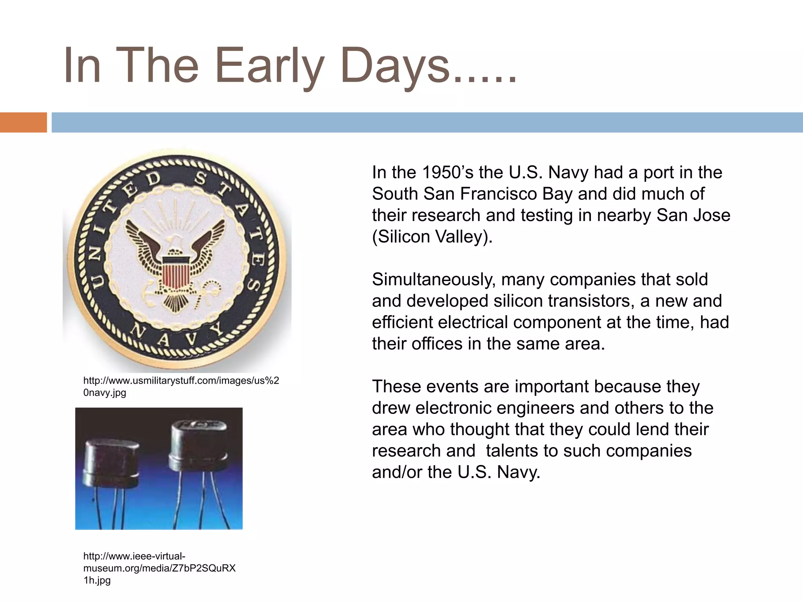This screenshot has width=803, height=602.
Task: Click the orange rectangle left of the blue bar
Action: (x=23, y=122)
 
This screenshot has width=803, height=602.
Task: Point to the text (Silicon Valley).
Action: (x=432, y=237)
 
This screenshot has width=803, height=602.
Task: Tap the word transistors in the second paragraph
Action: (x=587, y=301)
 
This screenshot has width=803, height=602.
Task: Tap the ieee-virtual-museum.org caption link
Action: (x=159, y=568)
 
